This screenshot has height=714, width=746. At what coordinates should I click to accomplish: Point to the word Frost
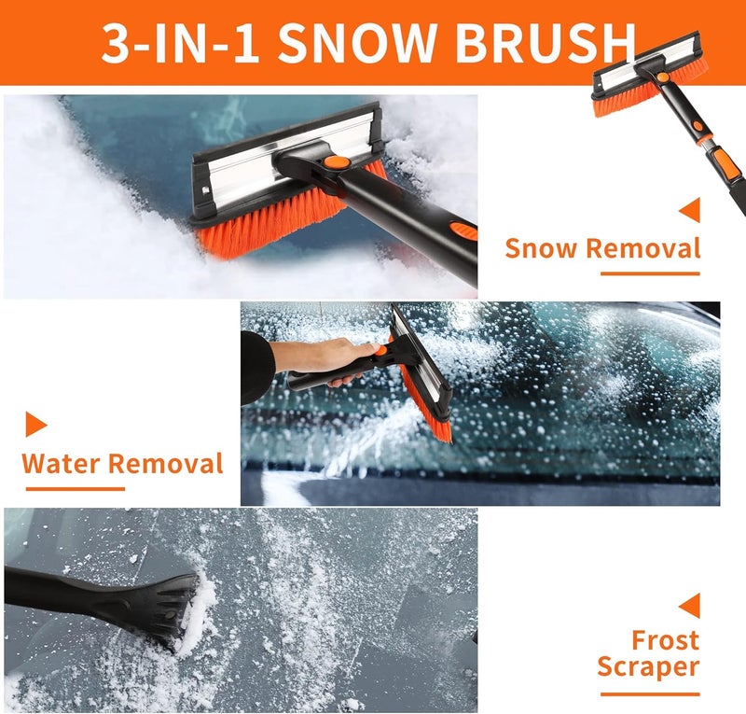(x=665, y=640)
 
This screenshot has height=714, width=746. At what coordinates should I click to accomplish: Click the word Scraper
(x=648, y=667)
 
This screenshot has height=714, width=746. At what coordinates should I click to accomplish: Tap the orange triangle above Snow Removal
(x=690, y=210)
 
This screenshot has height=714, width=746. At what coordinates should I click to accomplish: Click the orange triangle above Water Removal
(x=35, y=425)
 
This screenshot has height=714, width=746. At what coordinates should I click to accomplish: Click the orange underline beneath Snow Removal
(x=649, y=273)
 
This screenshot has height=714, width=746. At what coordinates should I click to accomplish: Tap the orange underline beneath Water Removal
(x=74, y=488)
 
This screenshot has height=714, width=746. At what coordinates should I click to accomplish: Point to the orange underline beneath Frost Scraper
(x=649, y=693)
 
